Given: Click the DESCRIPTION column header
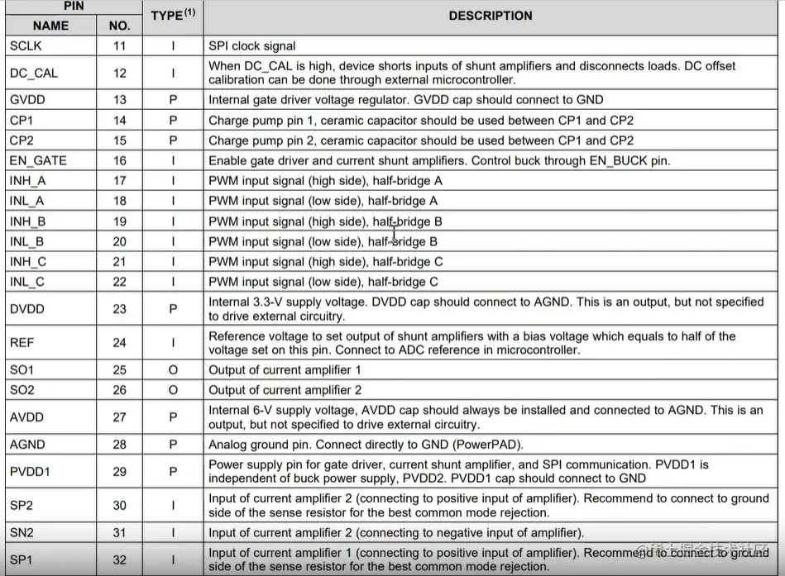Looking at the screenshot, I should click(491, 16).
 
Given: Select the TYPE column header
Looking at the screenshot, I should click(172, 16).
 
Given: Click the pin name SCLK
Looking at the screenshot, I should click(26, 46).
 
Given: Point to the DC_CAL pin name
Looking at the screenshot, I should click(33, 73).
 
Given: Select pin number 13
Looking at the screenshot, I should click(120, 100).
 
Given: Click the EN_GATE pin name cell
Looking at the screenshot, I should click(38, 160).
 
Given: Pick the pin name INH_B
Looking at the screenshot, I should click(27, 221).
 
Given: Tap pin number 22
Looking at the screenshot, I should click(120, 282).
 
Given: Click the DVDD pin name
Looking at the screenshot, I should click(26, 309).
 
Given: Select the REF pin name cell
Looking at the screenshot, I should click(22, 343).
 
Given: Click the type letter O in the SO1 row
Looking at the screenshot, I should click(173, 370).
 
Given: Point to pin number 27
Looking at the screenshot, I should click(120, 417).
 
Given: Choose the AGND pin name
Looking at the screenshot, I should click(27, 445).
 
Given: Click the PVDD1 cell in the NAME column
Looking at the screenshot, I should click(30, 471).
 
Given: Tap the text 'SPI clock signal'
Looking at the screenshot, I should click(251, 46).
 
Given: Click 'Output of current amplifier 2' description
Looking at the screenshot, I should click(285, 390).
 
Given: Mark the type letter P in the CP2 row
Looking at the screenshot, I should click(173, 140).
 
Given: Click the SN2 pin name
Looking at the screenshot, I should click(22, 532).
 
